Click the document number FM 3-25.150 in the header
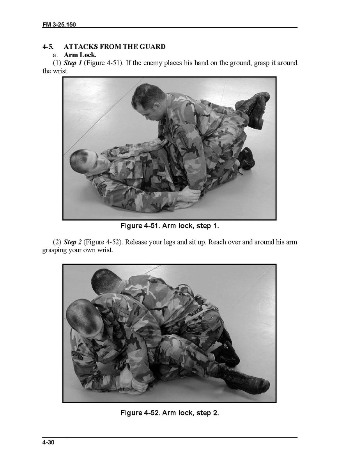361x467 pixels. click(x=59, y=25)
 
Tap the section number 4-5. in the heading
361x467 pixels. click(x=48, y=47)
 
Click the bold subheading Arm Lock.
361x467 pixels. click(x=80, y=55)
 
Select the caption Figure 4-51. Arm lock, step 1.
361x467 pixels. click(x=170, y=226)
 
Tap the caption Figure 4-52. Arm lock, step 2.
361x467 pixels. click(x=170, y=413)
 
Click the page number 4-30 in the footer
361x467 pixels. click(x=48, y=442)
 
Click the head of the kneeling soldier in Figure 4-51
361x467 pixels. click(x=148, y=98)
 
